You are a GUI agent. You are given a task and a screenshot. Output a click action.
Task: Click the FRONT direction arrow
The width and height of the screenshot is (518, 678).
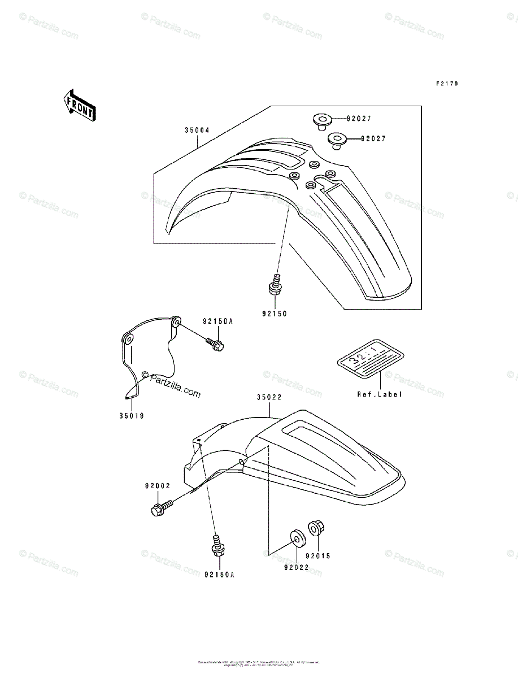pos(79,105)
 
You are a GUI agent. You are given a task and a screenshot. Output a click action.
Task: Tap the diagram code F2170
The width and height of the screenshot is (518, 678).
pos(446,84)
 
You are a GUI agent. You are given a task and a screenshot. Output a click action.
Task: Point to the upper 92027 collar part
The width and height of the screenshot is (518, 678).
pos(321,120)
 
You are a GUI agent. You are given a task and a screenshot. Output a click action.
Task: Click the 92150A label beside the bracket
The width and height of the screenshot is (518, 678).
pos(217,321)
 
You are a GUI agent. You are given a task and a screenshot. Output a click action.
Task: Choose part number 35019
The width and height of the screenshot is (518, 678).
pos(132,415)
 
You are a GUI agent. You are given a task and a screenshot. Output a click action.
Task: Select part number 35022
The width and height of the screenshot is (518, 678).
pos(269,398)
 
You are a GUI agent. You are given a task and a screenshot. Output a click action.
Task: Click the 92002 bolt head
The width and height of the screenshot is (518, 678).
pos(158,509)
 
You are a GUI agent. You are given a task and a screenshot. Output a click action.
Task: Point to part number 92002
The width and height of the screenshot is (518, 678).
pos(157,485)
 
